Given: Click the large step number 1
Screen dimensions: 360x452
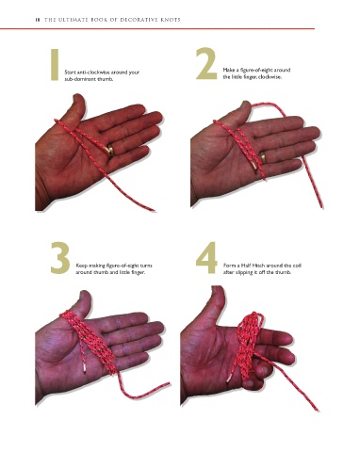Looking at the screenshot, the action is pyautogui.click(x=55, y=64).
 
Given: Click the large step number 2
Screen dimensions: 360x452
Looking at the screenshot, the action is pyautogui.click(x=206, y=63).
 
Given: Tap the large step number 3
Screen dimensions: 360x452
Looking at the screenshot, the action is pyautogui.click(x=59, y=258).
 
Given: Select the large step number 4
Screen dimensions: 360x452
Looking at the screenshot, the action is pyautogui.click(x=206, y=258).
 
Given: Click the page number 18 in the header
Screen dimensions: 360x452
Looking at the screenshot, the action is pyautogui.click(x=38, y=20).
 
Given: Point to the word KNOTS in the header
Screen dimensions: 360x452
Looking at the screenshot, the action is pyautogui.click(x=170, y=20).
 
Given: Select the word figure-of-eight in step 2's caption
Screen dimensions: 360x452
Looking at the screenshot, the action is pyautogui.click(x=254, y=70).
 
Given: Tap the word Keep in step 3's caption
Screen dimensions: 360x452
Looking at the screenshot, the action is pyautogui.click(x=80, y=266).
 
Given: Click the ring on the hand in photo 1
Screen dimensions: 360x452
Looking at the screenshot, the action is pyautogui.click(x=110, y=150).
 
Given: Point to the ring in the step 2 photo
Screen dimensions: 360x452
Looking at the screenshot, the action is pyautogui.click(x=263, y=156).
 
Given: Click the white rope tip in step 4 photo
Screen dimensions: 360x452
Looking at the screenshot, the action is pyautogui.click(x=229, y=379).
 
